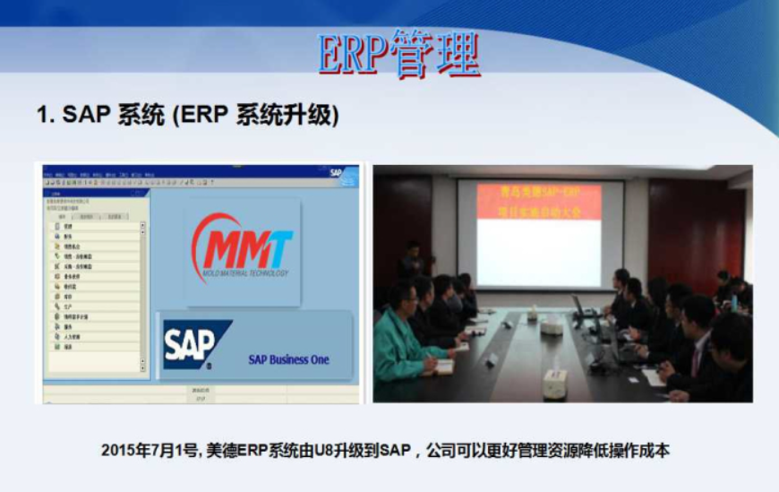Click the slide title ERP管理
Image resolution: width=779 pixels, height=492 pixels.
(x=399, y=55)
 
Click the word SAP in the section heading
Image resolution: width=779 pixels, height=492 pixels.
(x=87, y=116)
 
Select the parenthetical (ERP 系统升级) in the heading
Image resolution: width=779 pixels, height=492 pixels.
(x=255, y=116)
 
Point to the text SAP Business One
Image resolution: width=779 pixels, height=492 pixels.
(x=287, y=359)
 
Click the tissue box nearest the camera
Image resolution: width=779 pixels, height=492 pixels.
(x=554, y=383)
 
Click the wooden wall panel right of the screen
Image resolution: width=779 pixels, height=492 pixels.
(x=695, y=233)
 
